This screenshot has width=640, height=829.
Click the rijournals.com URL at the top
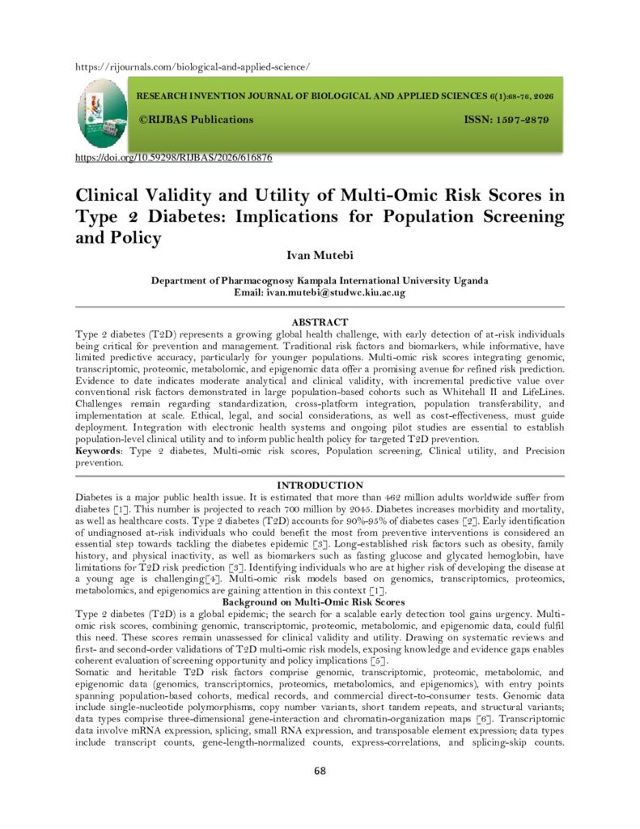[193, 66]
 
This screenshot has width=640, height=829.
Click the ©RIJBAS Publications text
[197, 120]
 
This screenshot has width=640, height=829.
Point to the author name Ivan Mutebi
[320, 258]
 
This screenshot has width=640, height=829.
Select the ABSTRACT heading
[320, 322]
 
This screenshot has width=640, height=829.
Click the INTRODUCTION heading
[320, 485]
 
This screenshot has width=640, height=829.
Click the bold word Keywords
[101, 450]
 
